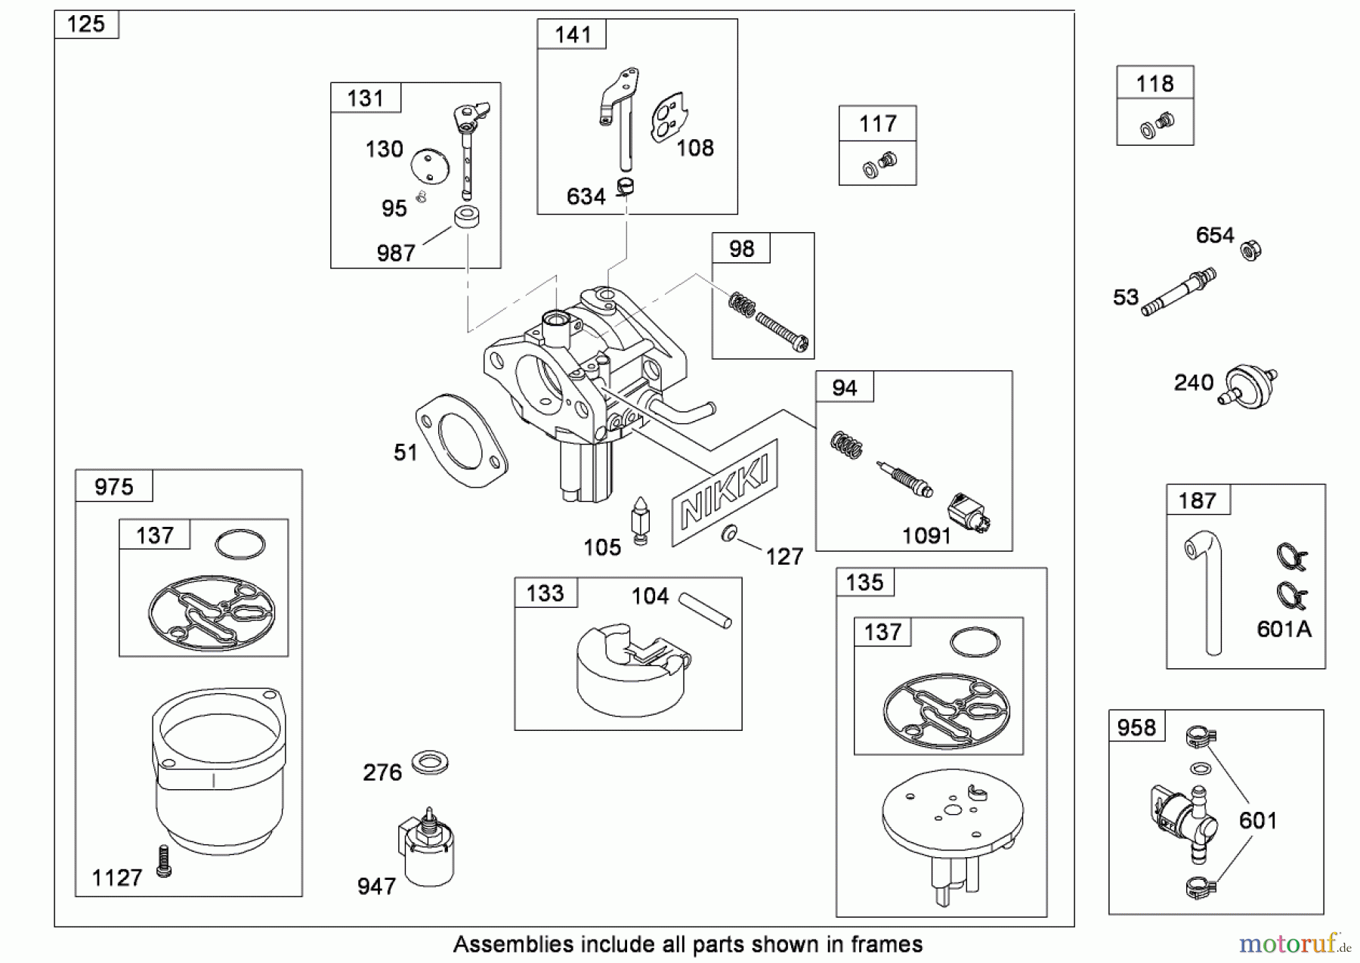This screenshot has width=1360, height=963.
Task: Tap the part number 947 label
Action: tap(376, 885)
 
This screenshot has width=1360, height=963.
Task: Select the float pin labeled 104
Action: tap(705, 610)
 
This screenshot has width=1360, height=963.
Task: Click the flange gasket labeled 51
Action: tap(461, 441)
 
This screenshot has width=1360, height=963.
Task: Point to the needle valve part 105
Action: tap(641, 520)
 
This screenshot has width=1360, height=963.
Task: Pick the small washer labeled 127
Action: tap(729, 534)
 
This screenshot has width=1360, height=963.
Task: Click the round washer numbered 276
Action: tap(430, 763)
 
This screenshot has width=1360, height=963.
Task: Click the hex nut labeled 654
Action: tap(1251, 249)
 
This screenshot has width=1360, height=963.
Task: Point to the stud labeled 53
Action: tap(1178, 292)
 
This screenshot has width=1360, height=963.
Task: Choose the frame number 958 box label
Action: tap(1136, 727)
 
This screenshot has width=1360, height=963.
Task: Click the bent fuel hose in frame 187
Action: tap(1208, 590)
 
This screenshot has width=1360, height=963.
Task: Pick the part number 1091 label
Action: tap(926, 536)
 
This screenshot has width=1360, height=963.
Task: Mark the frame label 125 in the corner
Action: tap(86, 24)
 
